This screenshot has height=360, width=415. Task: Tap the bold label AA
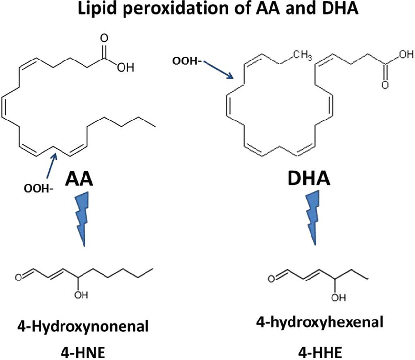[80, 179]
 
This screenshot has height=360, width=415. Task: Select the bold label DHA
[309, 179]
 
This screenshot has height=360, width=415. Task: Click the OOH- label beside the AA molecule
[39, 189]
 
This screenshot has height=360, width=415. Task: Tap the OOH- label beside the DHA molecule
[187, 61]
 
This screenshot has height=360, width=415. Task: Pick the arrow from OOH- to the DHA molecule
[218, 70]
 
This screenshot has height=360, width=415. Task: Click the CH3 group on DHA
[303, 55]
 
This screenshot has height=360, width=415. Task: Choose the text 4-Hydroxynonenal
[83, 326]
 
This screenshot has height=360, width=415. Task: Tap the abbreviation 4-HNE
[83, 353]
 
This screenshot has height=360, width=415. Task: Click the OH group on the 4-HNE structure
[81, 295]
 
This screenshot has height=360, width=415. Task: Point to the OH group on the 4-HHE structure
[338, 298]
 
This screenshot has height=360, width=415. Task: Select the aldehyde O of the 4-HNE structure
[19, 278]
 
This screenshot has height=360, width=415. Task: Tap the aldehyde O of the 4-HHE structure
[271, 279]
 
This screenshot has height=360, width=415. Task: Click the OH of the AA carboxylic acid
[125, 68]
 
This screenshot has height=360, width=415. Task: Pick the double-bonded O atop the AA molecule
[104, 38]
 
